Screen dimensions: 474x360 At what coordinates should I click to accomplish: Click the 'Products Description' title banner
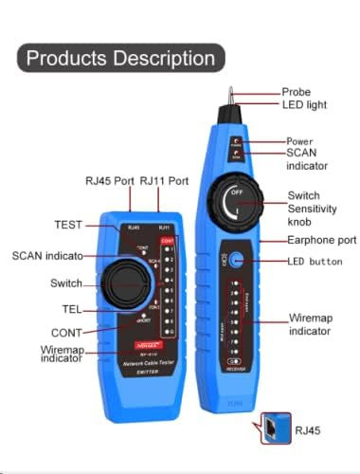[x=120, y=58]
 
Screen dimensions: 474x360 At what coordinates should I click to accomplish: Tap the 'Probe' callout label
[x=296, y=92]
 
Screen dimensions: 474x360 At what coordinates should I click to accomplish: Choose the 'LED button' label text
[x=315, y=261]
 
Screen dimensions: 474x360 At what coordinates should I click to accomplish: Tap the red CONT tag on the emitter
[x=168, y=241]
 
